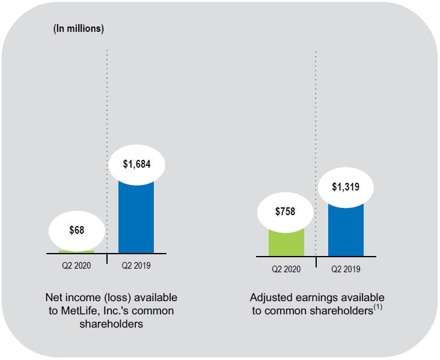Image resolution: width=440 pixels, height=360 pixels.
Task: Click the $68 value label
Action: [76, 231]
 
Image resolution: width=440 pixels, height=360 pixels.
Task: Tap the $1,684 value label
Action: [136, 164]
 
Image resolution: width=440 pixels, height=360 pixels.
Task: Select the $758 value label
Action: [286, 212]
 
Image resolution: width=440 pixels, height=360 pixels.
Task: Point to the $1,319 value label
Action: [346, 187]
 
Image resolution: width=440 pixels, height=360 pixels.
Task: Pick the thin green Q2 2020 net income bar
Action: [76, 251]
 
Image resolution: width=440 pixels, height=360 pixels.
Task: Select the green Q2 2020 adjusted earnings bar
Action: [286, 242]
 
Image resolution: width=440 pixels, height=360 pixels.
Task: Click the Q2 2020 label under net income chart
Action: [76, 265]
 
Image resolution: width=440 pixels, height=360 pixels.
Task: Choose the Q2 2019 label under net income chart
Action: [136, 265]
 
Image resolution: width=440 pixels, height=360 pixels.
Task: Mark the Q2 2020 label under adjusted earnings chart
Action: [286, 269]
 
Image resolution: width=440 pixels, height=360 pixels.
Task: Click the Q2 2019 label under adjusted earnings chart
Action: [346, 269]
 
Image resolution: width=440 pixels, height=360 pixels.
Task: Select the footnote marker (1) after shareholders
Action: [377, 307]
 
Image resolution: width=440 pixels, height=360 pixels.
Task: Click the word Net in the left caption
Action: [53, 297]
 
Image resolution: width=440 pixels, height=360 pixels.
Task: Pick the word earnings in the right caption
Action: [314, 297]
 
